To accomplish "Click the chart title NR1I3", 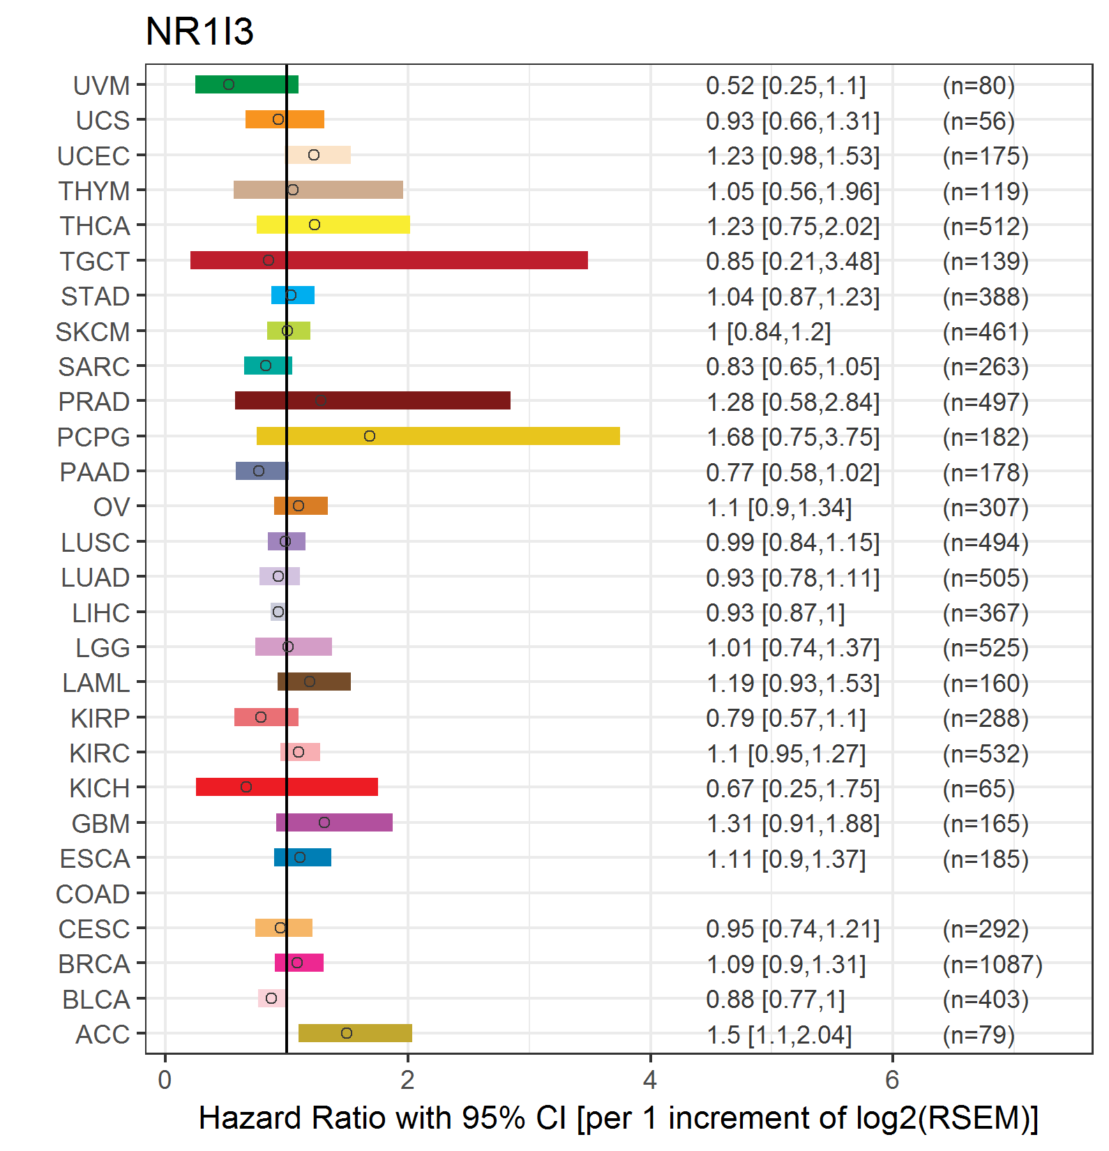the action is (x=199, y=31).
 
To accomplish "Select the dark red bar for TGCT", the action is (x=389, y=260).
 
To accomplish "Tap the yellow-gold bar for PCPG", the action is (x=438, y=436).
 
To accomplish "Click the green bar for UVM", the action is (x=247, y=84).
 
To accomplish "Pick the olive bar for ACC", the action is (x=355, y=1033).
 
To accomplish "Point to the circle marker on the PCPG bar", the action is (x=370, y=436).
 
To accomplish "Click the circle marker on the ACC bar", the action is (x=347, y=1033).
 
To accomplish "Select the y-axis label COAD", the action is (x=93, y=894).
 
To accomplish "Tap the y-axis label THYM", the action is (x=94, y=190).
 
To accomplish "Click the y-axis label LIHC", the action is (x=101, y=612).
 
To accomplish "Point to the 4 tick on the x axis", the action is (x=650, y=1080).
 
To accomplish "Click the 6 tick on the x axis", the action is (x=892, y=1080).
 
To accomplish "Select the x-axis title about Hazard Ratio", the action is (x=619, y=1118).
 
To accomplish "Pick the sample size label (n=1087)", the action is (x=993, y=964).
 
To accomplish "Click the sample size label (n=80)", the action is (x=979, y=85).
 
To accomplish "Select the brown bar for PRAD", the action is (x=372, y=400).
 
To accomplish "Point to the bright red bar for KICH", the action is (x=287, y=787).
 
